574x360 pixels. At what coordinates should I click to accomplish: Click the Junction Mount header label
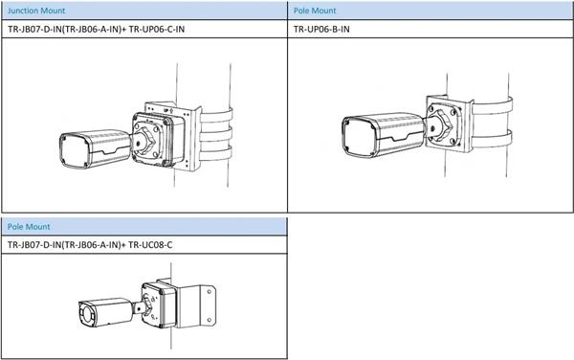tap(36, 11)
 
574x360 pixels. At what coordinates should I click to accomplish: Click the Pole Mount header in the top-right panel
tap(315, 11)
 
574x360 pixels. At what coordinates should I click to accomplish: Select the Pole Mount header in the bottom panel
tap(29, 227)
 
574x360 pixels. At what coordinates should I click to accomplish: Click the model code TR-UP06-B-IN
tap(321, 29)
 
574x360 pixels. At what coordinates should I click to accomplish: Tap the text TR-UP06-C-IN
tap(157, 29)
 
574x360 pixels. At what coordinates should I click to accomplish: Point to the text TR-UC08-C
tap(150, 245)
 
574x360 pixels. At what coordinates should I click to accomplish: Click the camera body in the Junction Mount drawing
tap(95, 149)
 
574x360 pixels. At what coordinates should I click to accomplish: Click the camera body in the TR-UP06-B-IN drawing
tap(383, 134)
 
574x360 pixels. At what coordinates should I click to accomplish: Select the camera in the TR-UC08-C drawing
tap(105, 313)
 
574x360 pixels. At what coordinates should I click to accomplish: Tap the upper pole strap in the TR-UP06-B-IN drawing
tap(492, 106)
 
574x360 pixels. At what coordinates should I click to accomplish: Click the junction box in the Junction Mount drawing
tap(158, 139)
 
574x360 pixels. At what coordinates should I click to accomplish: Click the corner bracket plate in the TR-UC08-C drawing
tap(195, 306)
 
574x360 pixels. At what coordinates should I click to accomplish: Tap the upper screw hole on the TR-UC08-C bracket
tap(209, 292)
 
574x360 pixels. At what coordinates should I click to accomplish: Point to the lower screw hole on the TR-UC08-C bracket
tap(209, 320)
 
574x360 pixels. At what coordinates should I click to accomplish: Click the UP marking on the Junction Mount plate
tap(166, 109)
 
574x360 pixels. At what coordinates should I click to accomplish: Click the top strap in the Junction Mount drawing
tap(216, 117)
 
